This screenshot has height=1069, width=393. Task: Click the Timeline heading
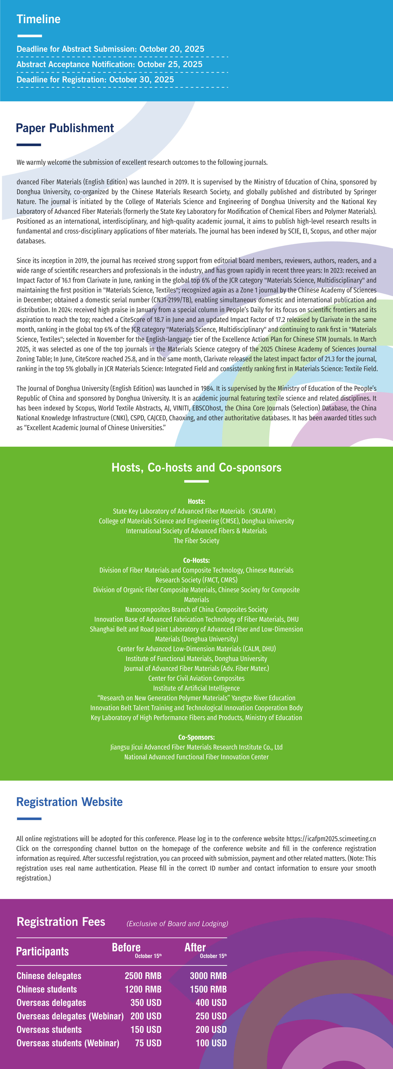39,19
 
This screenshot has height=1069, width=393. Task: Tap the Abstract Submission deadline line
110,49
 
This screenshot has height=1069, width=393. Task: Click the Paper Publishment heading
65,128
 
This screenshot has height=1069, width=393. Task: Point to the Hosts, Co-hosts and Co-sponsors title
196,468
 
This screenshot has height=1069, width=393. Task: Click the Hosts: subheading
196,501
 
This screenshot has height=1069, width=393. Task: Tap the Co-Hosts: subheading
196,560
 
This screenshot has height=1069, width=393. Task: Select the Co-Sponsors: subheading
196,737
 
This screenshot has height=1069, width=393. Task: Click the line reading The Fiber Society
196,541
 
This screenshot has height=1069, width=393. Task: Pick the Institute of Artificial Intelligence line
196,688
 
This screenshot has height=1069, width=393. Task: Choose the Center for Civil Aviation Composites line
196,678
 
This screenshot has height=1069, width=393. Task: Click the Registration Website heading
69,802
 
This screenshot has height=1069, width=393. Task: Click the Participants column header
42,951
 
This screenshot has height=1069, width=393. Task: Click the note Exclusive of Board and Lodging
177,924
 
